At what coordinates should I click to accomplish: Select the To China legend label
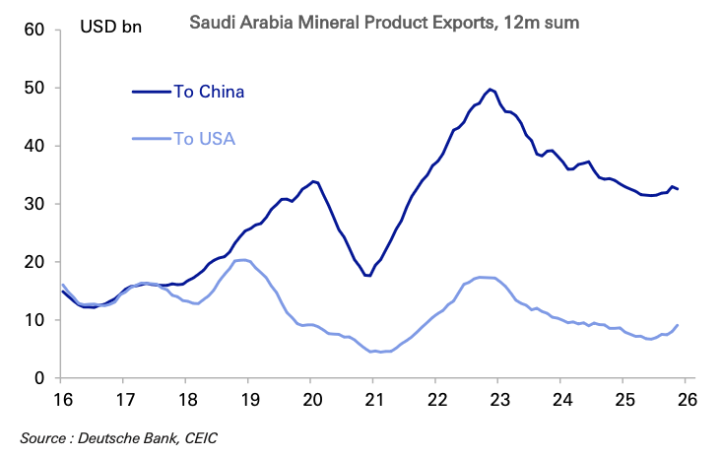pyautogui.click(x=209, y=92)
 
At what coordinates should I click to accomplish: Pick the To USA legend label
pyautogui.click(x=204, y=138)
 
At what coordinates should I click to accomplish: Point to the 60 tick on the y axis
pyautogui.click(x=34, y=30)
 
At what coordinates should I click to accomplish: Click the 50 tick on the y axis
pyautogui.click(x=34, y=88)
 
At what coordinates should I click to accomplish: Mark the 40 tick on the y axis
pyautogui.click(x=34, y=146)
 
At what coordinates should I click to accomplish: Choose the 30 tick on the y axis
pyautogui.click(x=34, y=204)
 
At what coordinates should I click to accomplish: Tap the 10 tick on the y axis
pyautogui.click(x=34, y=320)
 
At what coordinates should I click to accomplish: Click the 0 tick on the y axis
pyautogui.click(x=40, y=378)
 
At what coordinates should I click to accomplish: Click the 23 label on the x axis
pyautogui.click(x=497, y=402)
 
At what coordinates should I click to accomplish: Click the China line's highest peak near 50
pyautogui.click(x=491, y=89)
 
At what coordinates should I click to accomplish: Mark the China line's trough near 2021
pyautogui.click(x=367, y=275)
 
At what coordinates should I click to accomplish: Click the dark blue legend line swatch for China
pyautogui.click(x=152, y=92)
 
